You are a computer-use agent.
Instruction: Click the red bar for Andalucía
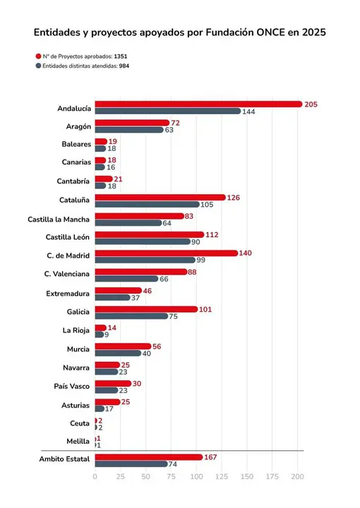click(198, 104)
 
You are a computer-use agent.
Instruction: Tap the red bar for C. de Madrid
click(166, 253)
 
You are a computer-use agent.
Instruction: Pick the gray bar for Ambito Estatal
click(132, 464)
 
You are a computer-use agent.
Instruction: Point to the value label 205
click(311, 104)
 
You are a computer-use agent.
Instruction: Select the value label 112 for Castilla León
click(213, 234)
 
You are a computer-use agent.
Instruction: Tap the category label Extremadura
click(68, 294)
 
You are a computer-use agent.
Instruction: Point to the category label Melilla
click(78, 442)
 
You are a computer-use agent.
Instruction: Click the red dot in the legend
click(37, 55)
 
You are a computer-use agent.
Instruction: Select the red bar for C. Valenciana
click(140, 272)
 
